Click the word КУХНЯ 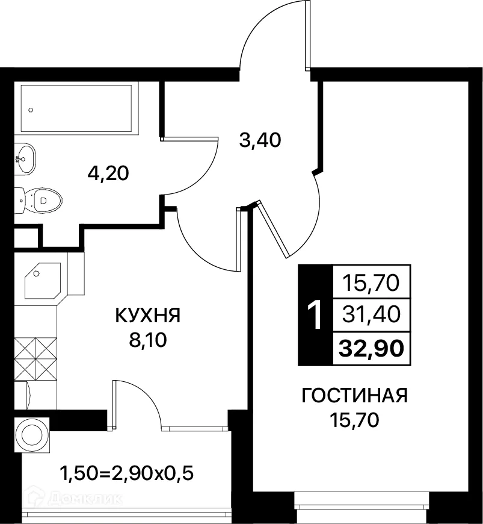pyautogui.click(x=147, y=315)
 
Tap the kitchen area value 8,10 pyautogui.click(x=147, y=340)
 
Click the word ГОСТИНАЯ pyautogui.click(x=355, y=396)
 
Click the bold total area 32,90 pyautogui.click(x=371, y=349)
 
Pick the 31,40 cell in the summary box pyautogui.click(x=371, y=314)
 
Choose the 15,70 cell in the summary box pyautogui.click(x=371, y=282)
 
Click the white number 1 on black pyautogui.click(x=315, y=315)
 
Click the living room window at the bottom pyautogui.click(x=362, y=501)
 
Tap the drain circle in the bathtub pyautogui.click(x=31, y=110)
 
